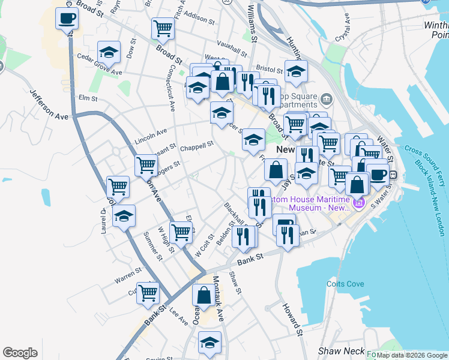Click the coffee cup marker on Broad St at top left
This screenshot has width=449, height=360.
coord(67,18)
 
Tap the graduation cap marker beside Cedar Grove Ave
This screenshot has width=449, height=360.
coord(109,52)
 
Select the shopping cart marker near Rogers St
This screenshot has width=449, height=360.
coord(146,164)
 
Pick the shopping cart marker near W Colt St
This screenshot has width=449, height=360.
coord(180,232)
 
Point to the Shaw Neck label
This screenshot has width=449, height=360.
coord(341,351)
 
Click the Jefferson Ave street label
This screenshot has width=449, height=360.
coord(49,104)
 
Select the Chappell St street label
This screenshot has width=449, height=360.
coord(197,146)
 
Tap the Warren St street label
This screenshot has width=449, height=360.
coord(128,278)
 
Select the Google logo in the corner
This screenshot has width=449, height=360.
coord(20,353)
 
